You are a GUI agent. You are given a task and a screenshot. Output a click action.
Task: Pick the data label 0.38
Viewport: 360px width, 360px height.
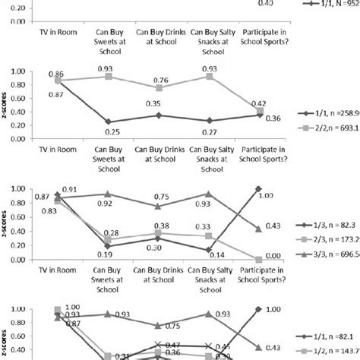click(x=161, y=226)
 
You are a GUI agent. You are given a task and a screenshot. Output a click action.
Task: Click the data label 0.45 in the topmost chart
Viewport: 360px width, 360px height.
click(x=265, y=4)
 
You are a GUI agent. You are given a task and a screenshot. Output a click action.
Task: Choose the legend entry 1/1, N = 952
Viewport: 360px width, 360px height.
click(x=330, y=5)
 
